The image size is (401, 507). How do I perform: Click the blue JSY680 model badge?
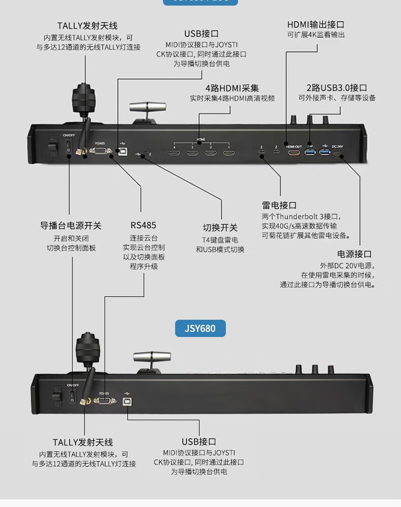pyautogui.click(x=202, y=328)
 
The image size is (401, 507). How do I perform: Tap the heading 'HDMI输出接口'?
pyautogui.click(x=316, y=24)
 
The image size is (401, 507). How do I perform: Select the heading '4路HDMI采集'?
pyautogui.click(x=232, y=88)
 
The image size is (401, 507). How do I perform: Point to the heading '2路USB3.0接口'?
pyautogui.click(x=337, y=88)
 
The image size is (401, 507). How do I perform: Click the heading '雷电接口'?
pyautogui.click(x=279, y=206)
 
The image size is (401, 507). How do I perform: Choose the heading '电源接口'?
pyautogui.click(x=354, y=254)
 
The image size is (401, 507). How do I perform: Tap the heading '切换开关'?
pyautogui.click(x=220, y=227)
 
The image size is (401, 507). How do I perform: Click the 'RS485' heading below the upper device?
pyautogui.click(x=143, y=225)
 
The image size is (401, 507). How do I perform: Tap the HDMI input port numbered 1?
pyautogui.click(x=228, y=152)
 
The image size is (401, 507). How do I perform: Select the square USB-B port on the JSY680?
pyautogui.click(x=126, y=400)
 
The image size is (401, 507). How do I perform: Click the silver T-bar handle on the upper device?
pyautogui.click(x=148, y=107)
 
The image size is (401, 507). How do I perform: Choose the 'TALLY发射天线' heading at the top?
pyautogui.click(x=87, y=26)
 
